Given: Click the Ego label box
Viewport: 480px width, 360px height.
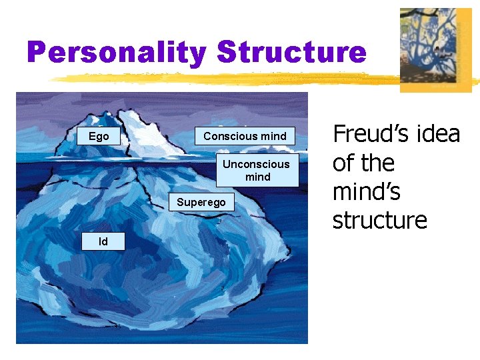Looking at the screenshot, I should (x=99, y=136).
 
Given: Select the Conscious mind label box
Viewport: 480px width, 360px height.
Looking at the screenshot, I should (x=245, y=136).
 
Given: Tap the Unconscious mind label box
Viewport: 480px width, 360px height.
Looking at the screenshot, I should (x=257, y=171).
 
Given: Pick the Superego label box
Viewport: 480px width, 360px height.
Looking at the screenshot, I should (x=201, y=202).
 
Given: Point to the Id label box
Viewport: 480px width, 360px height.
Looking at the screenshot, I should (x=103, y=241).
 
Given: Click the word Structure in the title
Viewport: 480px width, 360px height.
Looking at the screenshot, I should (x=291, y=53).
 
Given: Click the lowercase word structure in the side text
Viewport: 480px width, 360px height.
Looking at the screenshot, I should (x=379, y=220).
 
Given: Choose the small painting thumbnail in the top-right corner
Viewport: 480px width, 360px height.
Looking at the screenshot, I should (x=435, y=49).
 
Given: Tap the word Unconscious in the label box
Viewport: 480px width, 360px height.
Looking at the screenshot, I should (x=257, y=164).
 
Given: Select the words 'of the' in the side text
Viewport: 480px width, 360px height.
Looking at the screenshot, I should (x=363, y=163).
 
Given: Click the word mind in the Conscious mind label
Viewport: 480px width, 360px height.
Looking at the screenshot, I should (x=273, y=136).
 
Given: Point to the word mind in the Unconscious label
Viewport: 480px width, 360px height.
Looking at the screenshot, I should (x=257, y=177).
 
